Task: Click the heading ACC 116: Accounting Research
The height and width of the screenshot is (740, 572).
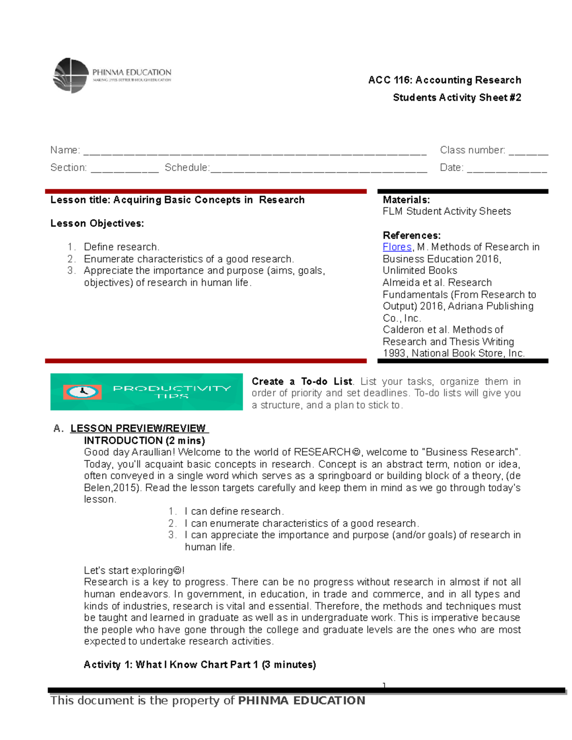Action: (444, 80)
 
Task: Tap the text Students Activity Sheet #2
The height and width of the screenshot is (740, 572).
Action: (457, 98)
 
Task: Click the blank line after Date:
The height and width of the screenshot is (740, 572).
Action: (507, 170)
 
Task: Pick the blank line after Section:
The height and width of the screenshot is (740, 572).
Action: (124, 170)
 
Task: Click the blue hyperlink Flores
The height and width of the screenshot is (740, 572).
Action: (397, 247)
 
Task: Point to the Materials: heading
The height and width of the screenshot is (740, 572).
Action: (406, 200)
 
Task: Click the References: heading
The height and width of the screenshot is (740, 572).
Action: (411, 235)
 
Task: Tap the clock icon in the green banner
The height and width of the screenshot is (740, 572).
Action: (82, 392)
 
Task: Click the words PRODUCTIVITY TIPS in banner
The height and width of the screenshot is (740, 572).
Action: (172, 392)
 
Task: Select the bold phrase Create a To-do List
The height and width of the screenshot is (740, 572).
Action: (302, 382)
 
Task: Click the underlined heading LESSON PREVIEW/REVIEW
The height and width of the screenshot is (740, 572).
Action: (138, 428)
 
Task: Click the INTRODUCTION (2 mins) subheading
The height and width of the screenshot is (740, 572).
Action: (144, 440)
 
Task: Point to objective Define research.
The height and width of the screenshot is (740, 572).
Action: (121, 247)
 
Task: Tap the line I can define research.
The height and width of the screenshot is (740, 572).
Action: (234, 511)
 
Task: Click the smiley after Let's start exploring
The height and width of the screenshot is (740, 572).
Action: (177, 570)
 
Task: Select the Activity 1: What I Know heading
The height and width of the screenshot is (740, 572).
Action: (199, 665)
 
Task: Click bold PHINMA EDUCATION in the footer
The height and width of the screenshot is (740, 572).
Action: (301, 700)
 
